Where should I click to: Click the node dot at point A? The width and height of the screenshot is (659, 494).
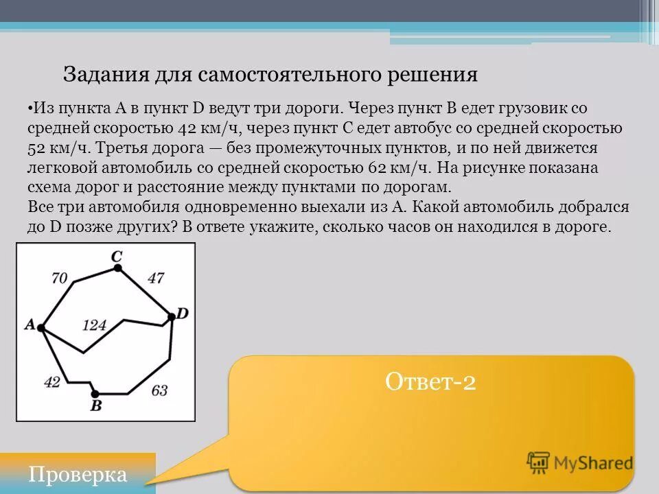pos(41,329)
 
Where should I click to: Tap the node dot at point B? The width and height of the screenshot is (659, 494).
pos(95,393)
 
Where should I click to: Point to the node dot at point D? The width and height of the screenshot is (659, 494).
pos(171,317)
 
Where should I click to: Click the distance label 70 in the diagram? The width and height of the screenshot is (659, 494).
pos(60,278)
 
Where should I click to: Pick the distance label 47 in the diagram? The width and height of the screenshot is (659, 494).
pos(156,278)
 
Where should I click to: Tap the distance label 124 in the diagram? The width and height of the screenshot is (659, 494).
pos(94,325)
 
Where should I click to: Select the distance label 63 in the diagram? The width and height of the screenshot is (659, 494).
pos(159,391)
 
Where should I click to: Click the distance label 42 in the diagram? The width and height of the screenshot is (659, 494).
pos(52,382)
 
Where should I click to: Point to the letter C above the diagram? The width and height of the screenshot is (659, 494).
pos(117,256)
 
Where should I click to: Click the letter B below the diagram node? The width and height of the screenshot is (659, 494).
pos(96,405)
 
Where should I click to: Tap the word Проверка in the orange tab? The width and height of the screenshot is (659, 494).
pos(78,475)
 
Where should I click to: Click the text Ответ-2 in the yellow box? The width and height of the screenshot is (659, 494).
pos(430,381)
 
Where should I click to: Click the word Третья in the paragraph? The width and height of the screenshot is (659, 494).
pos(148,148)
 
